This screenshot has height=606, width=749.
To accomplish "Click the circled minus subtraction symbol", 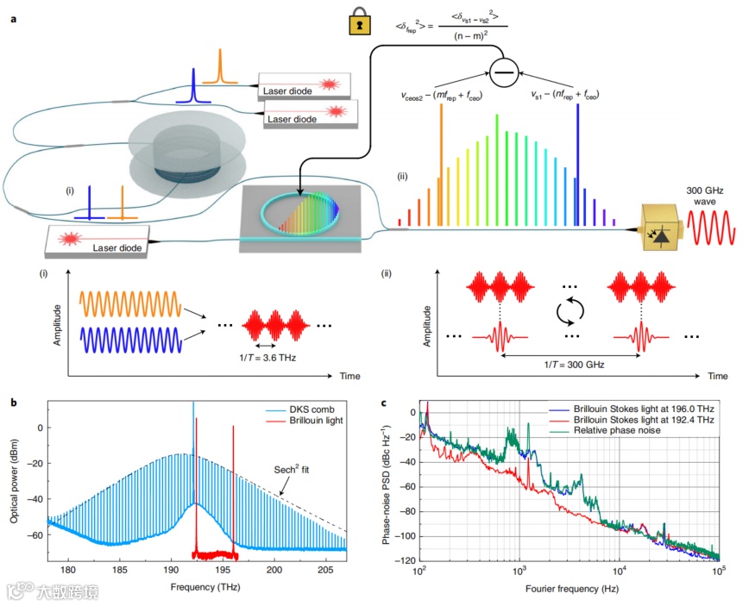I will click(x=502, y=74).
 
